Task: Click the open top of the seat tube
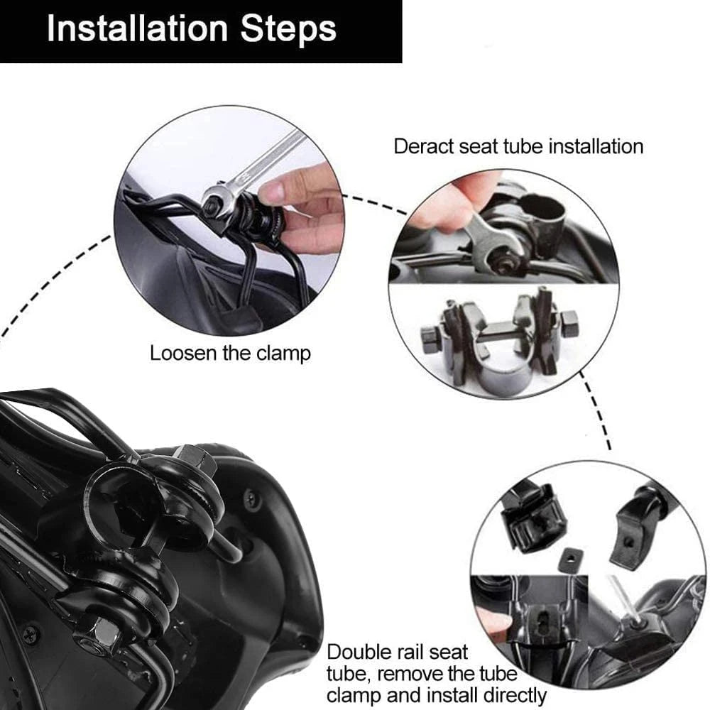[543, 209]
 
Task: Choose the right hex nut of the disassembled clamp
[569, 324]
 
